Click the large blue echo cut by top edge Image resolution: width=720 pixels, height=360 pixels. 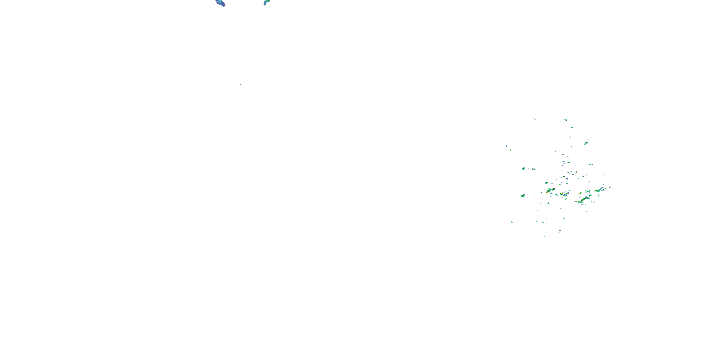coord(221,3)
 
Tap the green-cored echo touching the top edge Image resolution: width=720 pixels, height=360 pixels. coord(267,2)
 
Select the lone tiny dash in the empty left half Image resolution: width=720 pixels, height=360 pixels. coord(240,85)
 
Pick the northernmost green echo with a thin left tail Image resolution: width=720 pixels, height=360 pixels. coord(566,120)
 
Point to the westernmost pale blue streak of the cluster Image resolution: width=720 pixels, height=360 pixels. coord(507,145)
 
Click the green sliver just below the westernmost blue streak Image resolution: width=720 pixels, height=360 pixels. coord(510,150)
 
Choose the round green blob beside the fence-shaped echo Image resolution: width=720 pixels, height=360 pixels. coord(523,169)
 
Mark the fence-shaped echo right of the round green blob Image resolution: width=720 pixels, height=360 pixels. coord(533,169)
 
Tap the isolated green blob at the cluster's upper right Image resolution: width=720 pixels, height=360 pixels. coord(586,143)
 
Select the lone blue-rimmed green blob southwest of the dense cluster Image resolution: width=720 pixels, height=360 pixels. coord(523,196)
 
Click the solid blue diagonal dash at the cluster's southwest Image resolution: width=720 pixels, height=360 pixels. coord(511,222)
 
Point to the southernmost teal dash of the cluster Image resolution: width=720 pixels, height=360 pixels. coord(545,236)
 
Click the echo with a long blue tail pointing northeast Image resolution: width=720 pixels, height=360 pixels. coord(599,190)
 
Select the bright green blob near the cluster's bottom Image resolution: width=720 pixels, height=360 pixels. coord(542,222)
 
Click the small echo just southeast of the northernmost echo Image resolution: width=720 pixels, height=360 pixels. coord(572,127)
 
